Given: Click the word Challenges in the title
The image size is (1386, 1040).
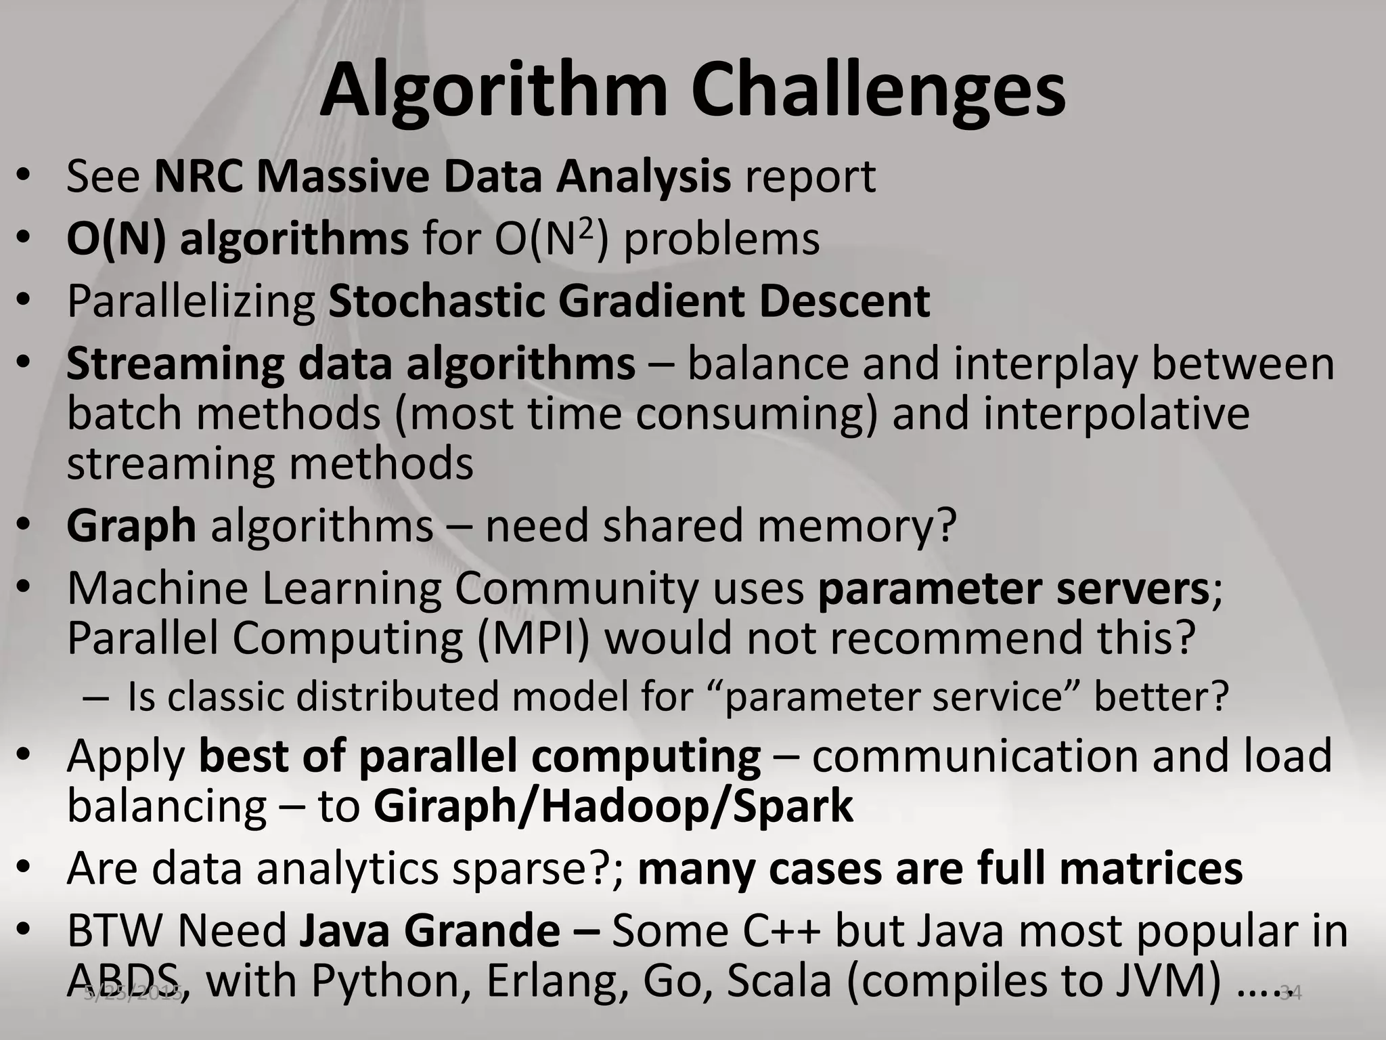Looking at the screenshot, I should click(878, 91).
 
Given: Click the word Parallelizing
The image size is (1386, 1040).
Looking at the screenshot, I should click(191, 303).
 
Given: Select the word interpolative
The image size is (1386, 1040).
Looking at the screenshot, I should click(1115, 414).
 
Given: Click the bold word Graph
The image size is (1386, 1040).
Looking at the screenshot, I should click(131, 525).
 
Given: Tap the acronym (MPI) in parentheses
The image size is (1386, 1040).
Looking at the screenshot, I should click(533, 638).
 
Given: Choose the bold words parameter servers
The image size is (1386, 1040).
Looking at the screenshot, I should click(1013, 588).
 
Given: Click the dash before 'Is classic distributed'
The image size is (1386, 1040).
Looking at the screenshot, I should click(95, 698).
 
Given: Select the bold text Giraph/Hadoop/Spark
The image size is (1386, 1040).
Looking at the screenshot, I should click(613, 806).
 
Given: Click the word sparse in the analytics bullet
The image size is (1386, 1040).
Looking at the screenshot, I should click(529, 869).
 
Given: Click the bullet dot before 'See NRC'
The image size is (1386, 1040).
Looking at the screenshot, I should click(24, 177).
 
